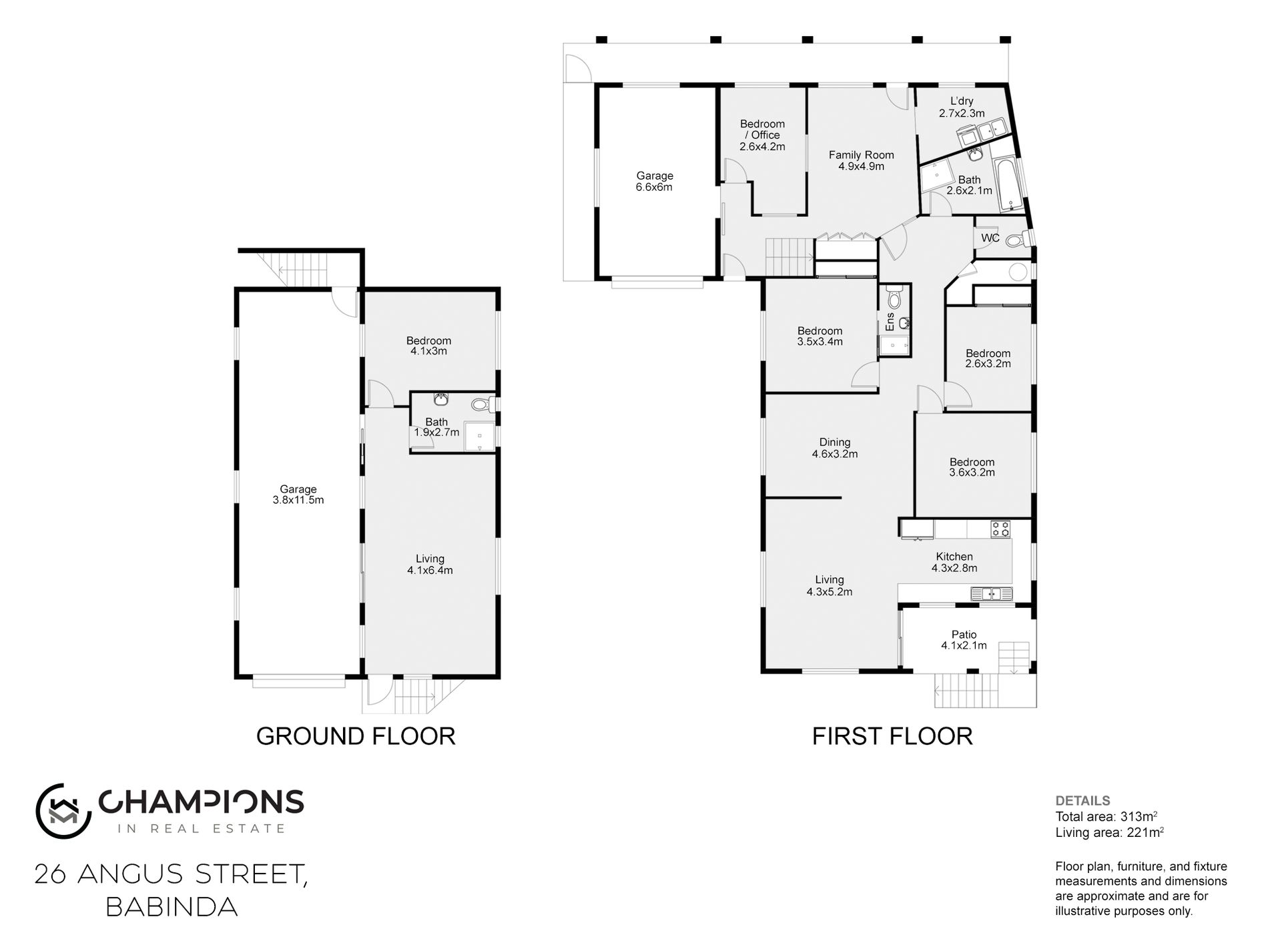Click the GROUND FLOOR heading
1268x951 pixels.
356,736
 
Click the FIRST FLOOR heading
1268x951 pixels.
892,736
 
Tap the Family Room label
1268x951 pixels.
861,161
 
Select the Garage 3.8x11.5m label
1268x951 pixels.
298,495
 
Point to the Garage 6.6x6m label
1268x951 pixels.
654,182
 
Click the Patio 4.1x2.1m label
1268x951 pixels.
964,640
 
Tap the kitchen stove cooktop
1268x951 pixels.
1000,529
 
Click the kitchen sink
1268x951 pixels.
991,593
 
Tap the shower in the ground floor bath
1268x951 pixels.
480,436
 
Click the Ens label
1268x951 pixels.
890,322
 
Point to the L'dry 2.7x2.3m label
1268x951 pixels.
962,107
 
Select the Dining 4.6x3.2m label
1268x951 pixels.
835,448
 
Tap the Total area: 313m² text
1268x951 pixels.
1106,817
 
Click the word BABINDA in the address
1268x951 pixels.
172,907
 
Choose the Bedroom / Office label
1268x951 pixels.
762,129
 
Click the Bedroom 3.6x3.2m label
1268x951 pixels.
972,467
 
